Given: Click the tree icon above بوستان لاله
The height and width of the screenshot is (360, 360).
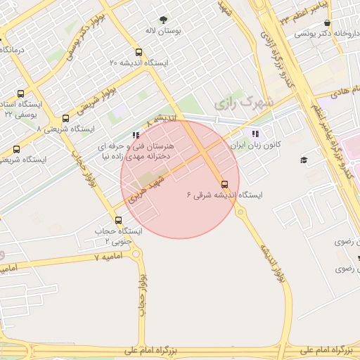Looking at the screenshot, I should point(164,20).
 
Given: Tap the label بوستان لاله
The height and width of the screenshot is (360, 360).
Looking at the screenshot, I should point(159,32).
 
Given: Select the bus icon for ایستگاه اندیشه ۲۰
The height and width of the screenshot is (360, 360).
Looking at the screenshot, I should point(138,51).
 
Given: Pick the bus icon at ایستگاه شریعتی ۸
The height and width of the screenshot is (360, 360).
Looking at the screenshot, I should point(66,118).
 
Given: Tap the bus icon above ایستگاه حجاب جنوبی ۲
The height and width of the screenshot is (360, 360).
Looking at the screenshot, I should point(117,220).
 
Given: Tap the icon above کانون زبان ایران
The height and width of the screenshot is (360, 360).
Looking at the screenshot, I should point(254,134).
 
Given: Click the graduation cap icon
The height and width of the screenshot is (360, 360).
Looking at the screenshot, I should point(304,160).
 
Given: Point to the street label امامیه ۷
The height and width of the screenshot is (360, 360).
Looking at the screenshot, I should point(108,257).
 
